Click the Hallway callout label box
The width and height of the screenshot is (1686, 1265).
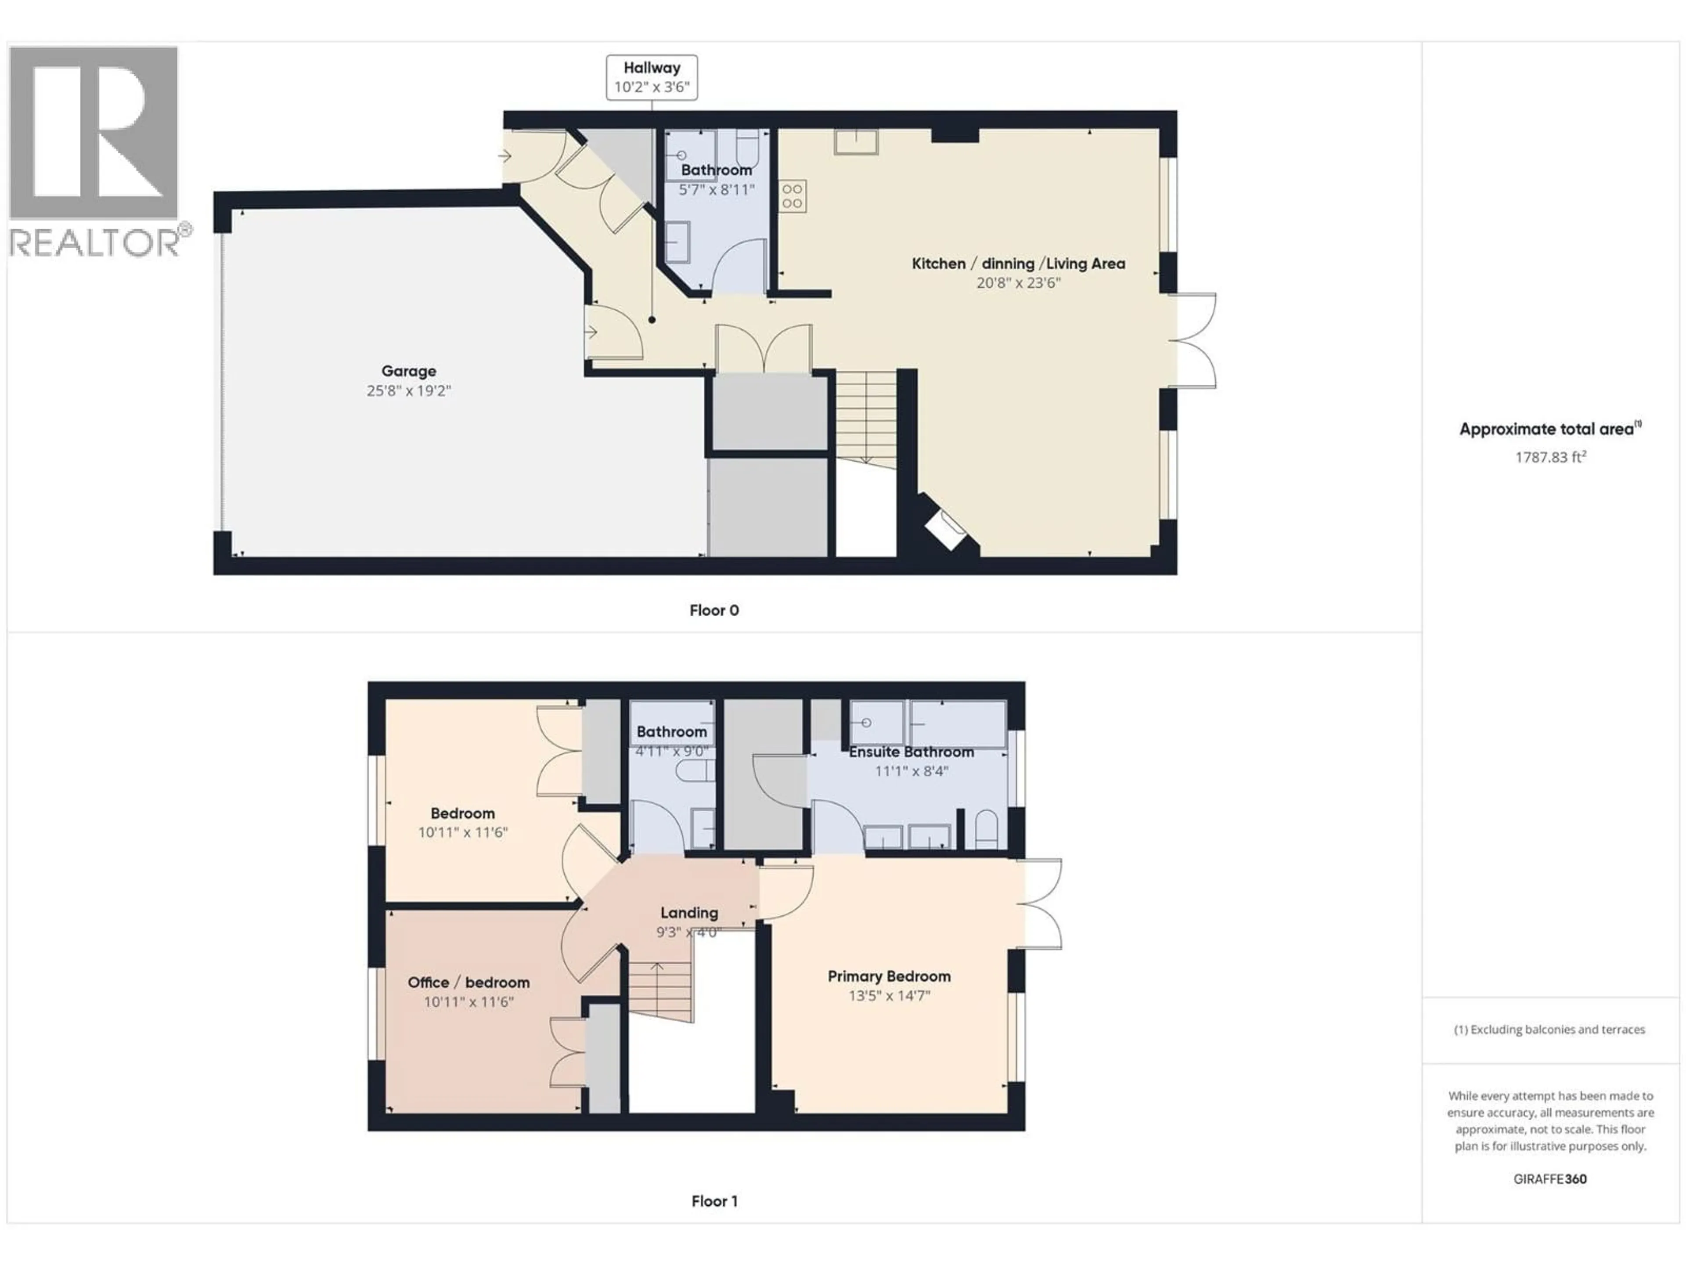651,77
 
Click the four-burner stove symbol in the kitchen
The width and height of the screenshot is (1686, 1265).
792,196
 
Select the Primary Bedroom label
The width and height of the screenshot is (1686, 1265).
889,976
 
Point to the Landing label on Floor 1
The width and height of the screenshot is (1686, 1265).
688,913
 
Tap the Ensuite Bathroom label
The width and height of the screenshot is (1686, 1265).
911,752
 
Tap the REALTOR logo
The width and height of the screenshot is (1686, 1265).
94,151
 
